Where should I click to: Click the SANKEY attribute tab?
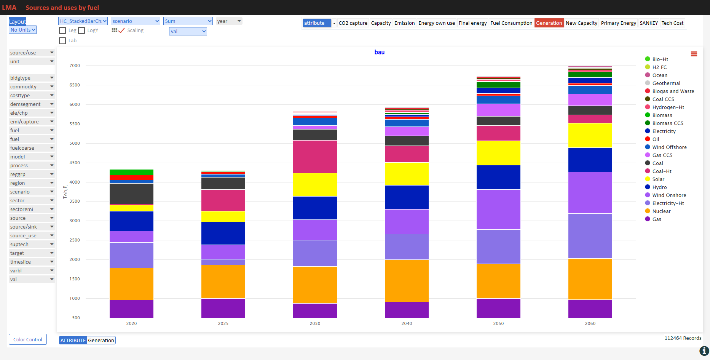(649, 23)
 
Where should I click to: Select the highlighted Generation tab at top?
(549, 23)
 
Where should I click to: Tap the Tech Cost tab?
(672, 23)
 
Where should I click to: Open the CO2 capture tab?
(353, 23)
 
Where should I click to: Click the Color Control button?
(28, 339)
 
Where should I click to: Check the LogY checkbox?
(81, 30)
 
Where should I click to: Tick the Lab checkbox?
(62, 41)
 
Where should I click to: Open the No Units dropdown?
(23, 30)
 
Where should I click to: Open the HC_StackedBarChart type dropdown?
(83, 21)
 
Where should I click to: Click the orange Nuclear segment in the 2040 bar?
(407, 281)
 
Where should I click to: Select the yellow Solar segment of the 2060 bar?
(590, 135)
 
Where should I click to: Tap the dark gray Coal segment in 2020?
(131, 194)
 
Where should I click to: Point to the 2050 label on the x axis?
(498, 323)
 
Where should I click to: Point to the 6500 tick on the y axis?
(75, 85)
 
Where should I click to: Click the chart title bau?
(380, 52)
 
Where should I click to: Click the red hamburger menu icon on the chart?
(694, 54)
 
